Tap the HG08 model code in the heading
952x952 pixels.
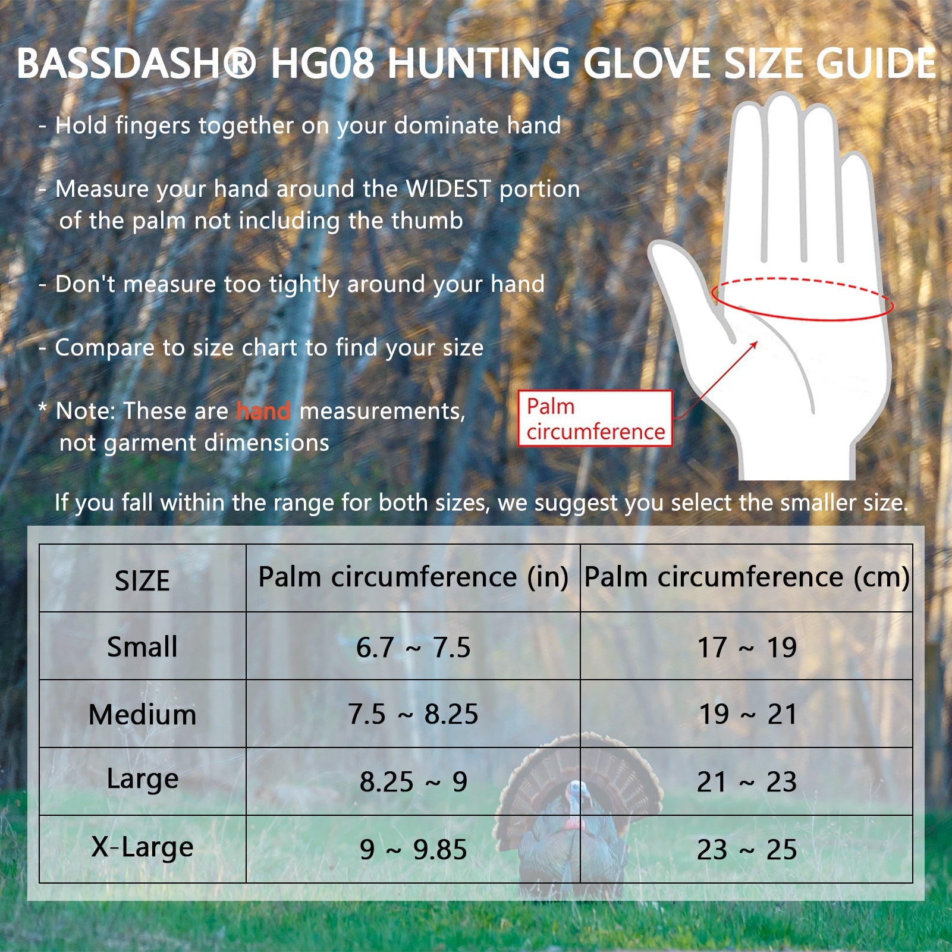pos(322,64)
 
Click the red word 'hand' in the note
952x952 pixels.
pos(263,411)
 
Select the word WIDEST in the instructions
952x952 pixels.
pos(448,189)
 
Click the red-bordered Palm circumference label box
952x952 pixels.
pos(595,419)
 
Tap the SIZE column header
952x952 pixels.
pos(142,580)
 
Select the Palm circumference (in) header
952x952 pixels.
pos(413,577)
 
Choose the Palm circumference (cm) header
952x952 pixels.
pos(747,577)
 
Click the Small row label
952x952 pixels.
pos(142,646)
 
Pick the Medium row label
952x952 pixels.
pos(142,714)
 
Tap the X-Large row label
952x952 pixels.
pos(142,847)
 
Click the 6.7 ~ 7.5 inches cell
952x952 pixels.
pos(413,648)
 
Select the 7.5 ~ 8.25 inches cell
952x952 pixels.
pos(413,714)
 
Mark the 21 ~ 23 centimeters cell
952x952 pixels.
pos(747,782)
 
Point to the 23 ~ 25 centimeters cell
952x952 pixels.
pos(747,850)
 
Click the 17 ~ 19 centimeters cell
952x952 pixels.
pos(747,648)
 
